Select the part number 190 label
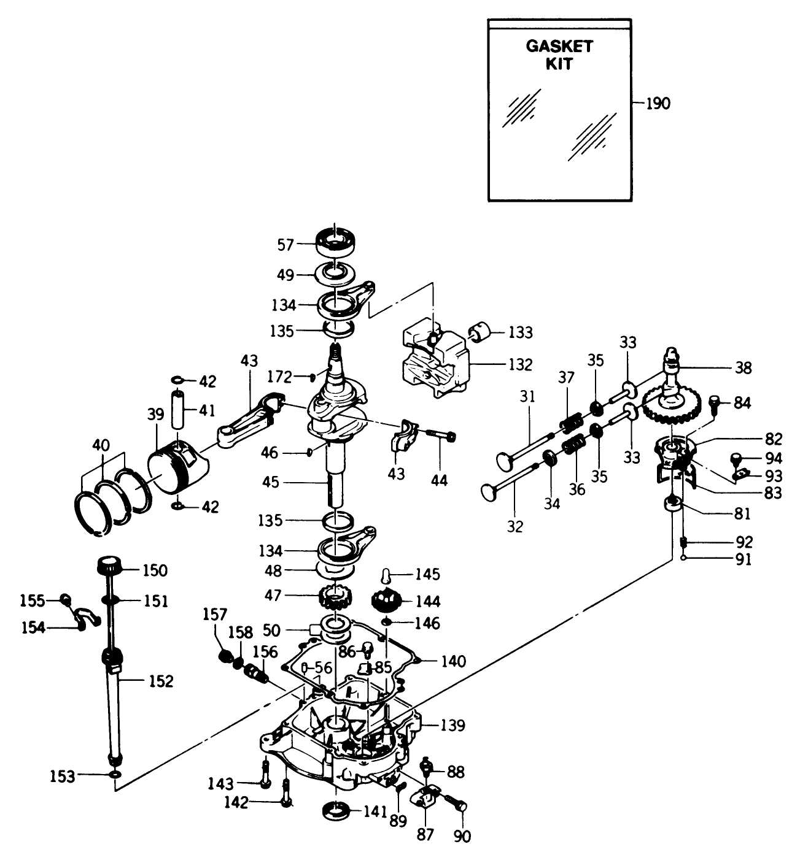(658, 104)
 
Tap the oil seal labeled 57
(336, 242)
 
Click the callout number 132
(519, 364)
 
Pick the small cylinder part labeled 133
(483, 333)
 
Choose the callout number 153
(63, 777)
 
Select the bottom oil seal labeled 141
(336, 809)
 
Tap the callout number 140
(453, 661)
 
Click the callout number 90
(462, 835)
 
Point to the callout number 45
(270, 483)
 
